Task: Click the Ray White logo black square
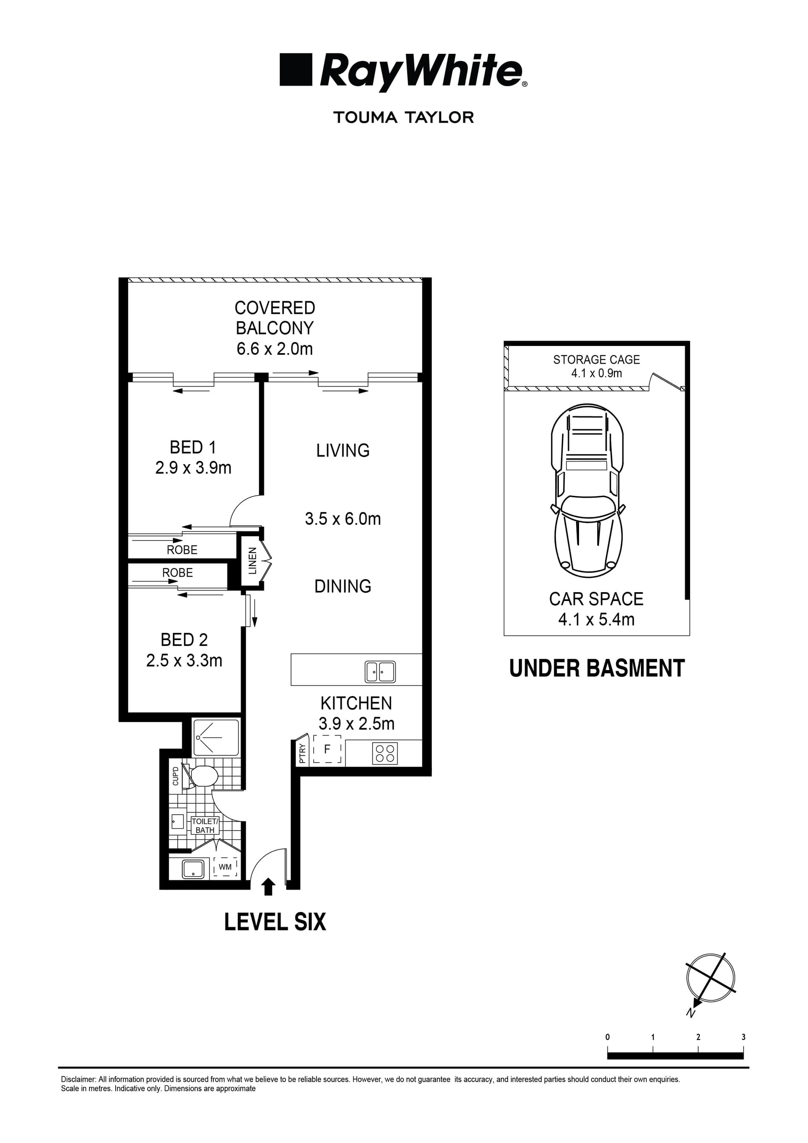click(x=296, y=70)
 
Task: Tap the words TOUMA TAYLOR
click(x=403, y=117)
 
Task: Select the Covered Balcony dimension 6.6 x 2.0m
click(x=274, y=349)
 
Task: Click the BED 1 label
click(x=193, y=447)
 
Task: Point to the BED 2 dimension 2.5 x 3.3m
click(x=184, y=661)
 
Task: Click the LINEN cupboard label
click(x=252, y=561)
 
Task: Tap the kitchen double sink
click(x=380, y=672)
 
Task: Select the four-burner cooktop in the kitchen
click(x=385, y=753)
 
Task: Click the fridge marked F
click(x=327, y=749)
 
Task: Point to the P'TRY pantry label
click(x=302, y=753)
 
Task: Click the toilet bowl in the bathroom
click(x=205, y=776)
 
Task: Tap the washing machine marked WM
click(x=225, y=867)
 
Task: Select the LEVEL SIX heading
click(x=275, y=922)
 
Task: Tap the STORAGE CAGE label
click(x=596, y=359)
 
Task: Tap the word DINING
click(x=343, y=586)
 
